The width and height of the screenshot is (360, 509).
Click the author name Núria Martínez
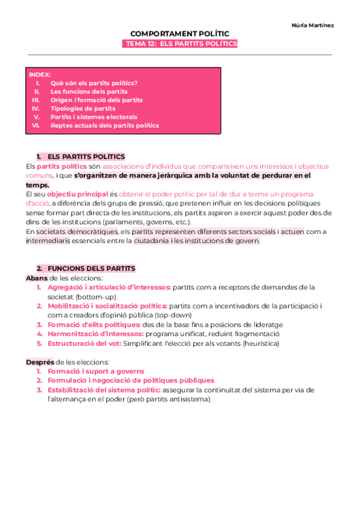[313, 25]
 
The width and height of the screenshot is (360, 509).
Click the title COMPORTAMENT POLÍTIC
[179, 34]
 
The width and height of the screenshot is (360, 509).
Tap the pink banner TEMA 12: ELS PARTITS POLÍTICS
[179, 44]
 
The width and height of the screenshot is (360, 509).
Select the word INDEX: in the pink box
[40, 74]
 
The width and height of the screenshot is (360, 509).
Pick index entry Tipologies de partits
[83, 109]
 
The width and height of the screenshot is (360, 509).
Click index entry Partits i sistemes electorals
[94, 117]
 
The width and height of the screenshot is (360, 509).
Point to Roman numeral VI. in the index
[36, 125]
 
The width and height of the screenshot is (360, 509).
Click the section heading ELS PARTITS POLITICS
[86, 157]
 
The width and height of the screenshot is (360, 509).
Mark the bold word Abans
[36, 278]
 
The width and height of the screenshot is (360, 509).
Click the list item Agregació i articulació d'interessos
[109, 288]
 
